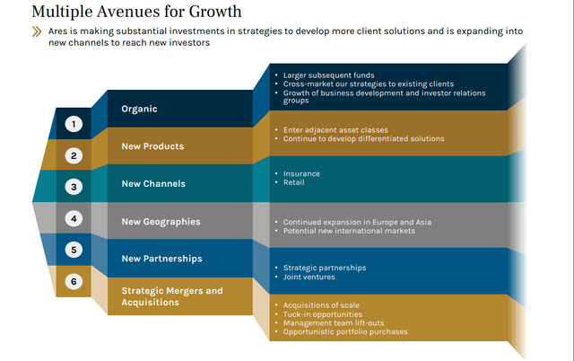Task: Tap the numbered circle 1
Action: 74,124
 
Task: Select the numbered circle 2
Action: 74,155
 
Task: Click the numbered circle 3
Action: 74,187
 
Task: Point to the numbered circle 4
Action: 74,218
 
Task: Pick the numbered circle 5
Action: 74,250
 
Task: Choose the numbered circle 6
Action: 74,281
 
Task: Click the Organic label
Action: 139,109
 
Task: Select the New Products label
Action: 152,146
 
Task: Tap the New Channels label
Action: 153,184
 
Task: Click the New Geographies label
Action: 161,221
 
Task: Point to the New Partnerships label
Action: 161,259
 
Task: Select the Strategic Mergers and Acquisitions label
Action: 172,296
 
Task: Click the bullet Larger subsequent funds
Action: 328,75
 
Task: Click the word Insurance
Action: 301,173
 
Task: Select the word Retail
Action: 293,182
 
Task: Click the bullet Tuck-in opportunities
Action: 322,314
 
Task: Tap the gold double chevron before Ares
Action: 37,31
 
